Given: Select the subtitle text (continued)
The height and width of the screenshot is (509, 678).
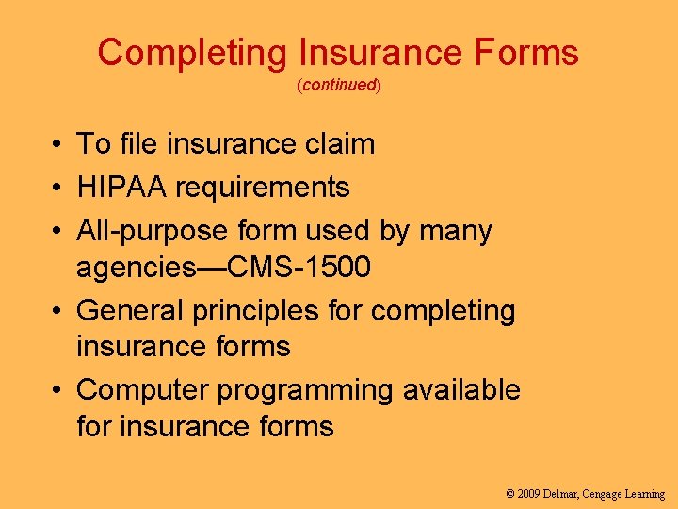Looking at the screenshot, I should (338, 86).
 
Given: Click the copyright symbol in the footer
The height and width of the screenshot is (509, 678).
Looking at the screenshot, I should (510, 493).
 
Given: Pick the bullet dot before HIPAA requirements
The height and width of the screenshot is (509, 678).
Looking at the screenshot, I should (58, 189).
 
